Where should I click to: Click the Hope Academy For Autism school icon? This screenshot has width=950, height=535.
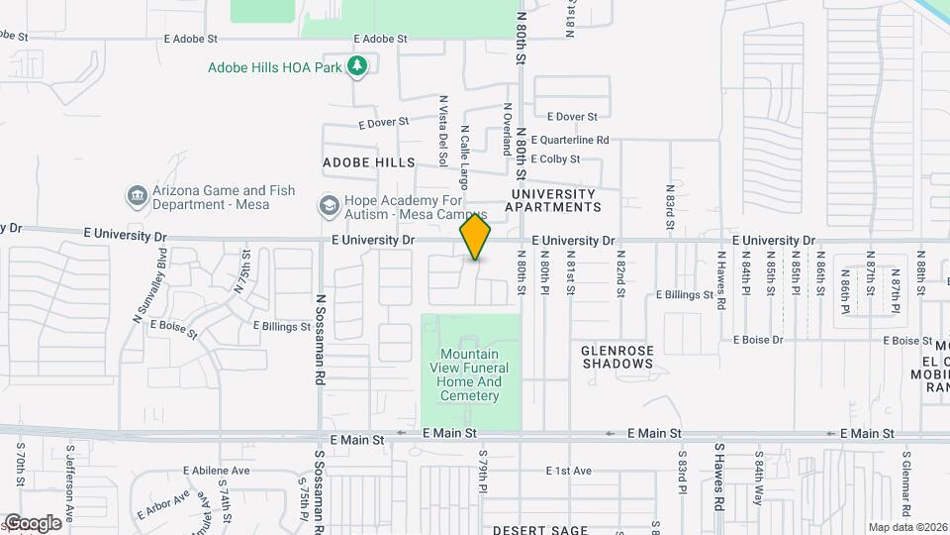coord(328,206)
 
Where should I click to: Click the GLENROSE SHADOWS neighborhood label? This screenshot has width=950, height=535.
coord(617,357)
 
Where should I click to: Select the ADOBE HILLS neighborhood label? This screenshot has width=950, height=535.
coord(368,161)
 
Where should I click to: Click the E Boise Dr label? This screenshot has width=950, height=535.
coord(758,340)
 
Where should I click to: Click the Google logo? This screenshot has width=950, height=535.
coord(32,523)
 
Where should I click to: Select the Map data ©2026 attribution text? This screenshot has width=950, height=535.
coord(906,527)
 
